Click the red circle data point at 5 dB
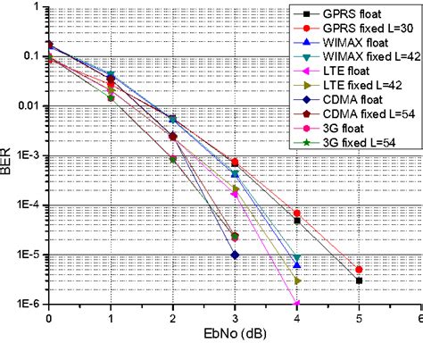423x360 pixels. (359, 269)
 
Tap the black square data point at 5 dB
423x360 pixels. (359, 280)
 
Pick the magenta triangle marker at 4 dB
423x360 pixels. (297, 304)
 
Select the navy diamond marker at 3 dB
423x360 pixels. (235, 255)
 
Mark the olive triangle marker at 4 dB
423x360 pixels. (297, 280)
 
